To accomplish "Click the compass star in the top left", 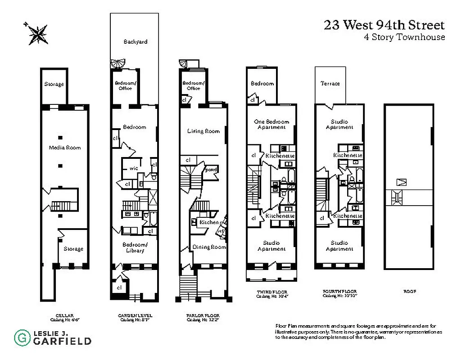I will (37, 33).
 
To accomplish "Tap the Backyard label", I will (136, 42).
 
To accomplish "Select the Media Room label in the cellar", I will (65, 148).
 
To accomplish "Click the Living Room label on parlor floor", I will (204, 131).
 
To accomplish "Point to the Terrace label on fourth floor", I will (330, 84).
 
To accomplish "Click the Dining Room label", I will (209, 247).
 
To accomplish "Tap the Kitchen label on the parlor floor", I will (209, 222).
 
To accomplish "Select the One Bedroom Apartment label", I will (271, 124).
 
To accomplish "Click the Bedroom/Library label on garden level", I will (134, 247).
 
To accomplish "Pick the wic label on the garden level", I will (134, 168).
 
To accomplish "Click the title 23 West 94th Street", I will (384, 25).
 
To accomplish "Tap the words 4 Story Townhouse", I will (404, 37).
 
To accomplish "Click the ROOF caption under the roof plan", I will (409, 291).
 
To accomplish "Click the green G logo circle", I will (20, 337).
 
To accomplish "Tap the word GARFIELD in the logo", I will (62, 341).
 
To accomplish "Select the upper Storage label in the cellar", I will (54, 84).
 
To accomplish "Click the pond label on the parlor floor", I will (211, 170).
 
